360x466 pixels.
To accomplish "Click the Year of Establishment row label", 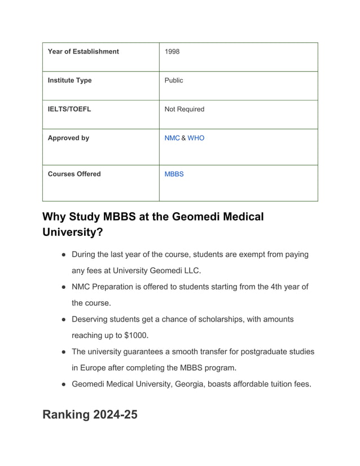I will point(83,51).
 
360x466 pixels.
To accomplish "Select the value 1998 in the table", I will point(172,51).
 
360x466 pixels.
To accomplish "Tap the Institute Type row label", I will point(69,80).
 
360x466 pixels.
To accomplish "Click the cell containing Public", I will point(173,80).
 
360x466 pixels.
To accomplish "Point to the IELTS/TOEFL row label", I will point(69,109).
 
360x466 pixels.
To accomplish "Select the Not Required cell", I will point(184,109).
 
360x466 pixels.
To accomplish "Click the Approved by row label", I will point(68,138).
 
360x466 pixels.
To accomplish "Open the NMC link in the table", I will point(172,138).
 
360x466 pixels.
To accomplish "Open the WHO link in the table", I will point(196,138).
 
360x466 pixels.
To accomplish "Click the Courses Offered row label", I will point(74,174).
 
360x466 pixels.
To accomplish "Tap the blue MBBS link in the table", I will point(174,174).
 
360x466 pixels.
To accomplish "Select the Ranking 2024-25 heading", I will point(90,414).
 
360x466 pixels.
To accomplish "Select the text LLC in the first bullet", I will point(192,270).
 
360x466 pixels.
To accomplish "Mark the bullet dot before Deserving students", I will point(64,319).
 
